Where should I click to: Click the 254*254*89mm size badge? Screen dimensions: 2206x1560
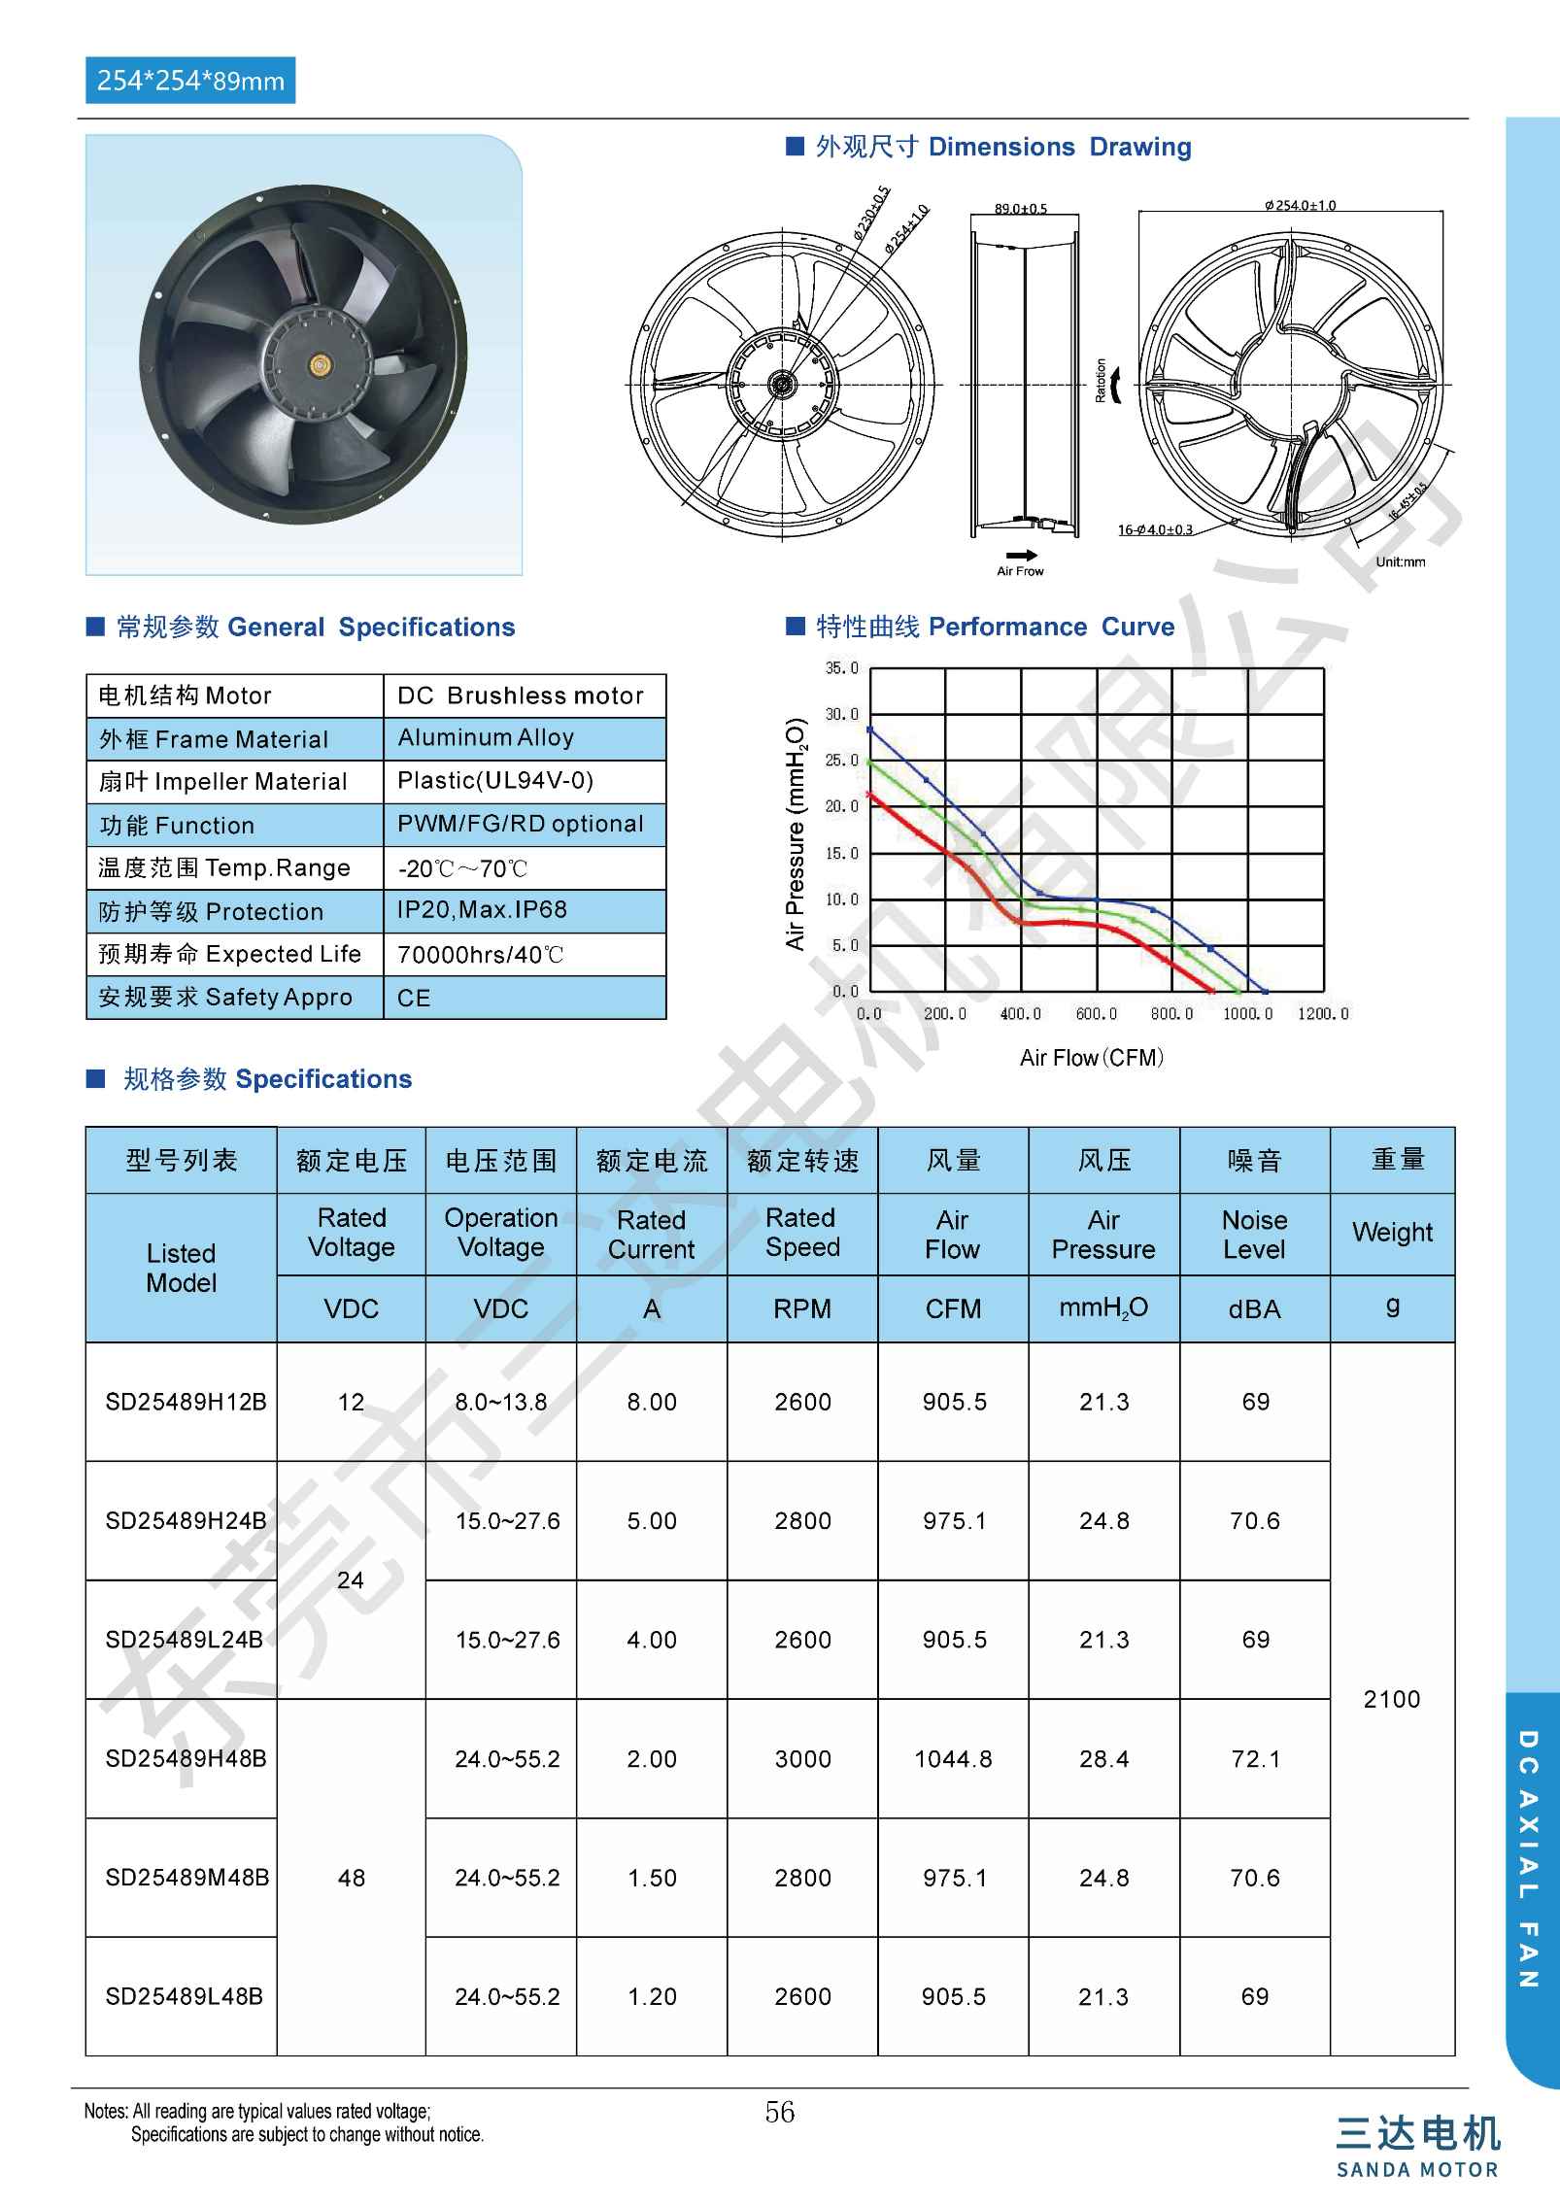pyautogui.click(x=190, y=81)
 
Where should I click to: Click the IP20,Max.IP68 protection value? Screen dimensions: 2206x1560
pyautogui.click(x=482, y=910)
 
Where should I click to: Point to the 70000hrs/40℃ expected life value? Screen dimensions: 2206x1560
pyautogui.click(x=480, y=954)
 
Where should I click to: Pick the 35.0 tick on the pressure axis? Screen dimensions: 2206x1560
pyautogui.click(x=841, y=668)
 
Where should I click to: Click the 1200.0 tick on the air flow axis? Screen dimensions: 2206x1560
pyautogui.click(x=1323, y=1014)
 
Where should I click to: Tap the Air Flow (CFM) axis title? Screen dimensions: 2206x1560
pyautogui.click(x=1091, y=1058)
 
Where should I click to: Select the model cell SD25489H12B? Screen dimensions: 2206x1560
pyautogui.click(x=186, y=1402)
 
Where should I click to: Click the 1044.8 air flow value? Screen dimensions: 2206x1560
pyautogui.click(x=953, y=1759)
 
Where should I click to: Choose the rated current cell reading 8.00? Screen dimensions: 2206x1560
pyautogui.click(x=652, y=1402)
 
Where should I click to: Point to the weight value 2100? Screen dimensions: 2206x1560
pyautogui.click(x=1391, y=1699)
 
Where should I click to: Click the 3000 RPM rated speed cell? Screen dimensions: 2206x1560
pyautogui.click(x=802, y=1759)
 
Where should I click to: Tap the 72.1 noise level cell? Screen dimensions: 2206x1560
pyautogui.click(x=1255, y=1759)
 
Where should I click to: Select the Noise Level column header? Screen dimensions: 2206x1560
pyautogui.click(x=1254, y=1234)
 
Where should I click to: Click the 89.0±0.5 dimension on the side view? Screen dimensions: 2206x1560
pyautogui.click(x=1020, y=209)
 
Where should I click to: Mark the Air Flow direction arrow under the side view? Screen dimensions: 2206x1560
pyautogui.click(x=1020, y=556)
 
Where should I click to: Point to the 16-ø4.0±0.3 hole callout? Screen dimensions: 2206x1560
pyautogui.click(x=1155, y=530)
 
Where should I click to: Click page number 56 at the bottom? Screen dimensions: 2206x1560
pyautogui.click(x=779, y=2113)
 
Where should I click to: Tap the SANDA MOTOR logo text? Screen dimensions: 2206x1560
pyautogui.click(x=1416, y=2170)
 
